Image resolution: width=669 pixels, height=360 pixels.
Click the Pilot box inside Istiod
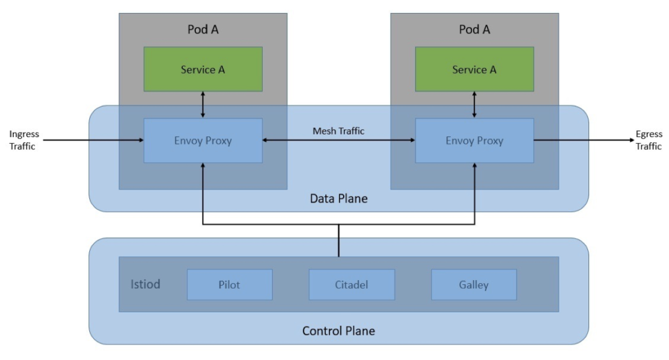pos(230,284)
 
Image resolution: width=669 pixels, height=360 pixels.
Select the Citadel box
pos(352,284)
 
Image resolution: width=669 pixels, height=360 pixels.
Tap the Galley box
pos(474,284)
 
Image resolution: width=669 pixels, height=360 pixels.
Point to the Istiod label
pos(146,284)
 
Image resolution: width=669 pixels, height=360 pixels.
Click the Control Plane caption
pos(339,331)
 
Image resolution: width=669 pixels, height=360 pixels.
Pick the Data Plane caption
pos(339,198)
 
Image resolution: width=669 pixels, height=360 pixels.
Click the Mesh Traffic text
pos(339,131)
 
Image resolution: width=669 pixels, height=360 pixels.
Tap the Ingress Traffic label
pos(24,140)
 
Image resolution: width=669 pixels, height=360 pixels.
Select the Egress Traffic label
pos(649,140)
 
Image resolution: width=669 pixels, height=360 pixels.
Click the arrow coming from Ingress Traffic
pos(94,140)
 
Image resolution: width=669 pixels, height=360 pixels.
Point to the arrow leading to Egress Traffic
pos(584,140)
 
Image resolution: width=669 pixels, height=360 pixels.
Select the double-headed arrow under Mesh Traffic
pos(339,140)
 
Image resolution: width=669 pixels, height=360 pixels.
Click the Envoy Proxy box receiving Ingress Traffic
pos(203,140)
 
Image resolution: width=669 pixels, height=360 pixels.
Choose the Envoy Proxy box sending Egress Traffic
pos(474,140)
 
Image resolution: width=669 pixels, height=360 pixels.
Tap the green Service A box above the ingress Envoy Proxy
pos(203,69)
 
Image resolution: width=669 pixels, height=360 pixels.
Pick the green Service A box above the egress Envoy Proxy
pos(474,69)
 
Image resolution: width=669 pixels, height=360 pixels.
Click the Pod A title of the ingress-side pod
pos(203,29)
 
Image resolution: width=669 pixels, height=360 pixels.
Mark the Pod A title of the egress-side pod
pos(474,29)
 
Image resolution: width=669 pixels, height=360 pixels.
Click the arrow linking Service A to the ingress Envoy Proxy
pos(203,105)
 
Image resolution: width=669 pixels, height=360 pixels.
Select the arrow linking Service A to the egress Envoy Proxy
pos(474,105)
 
